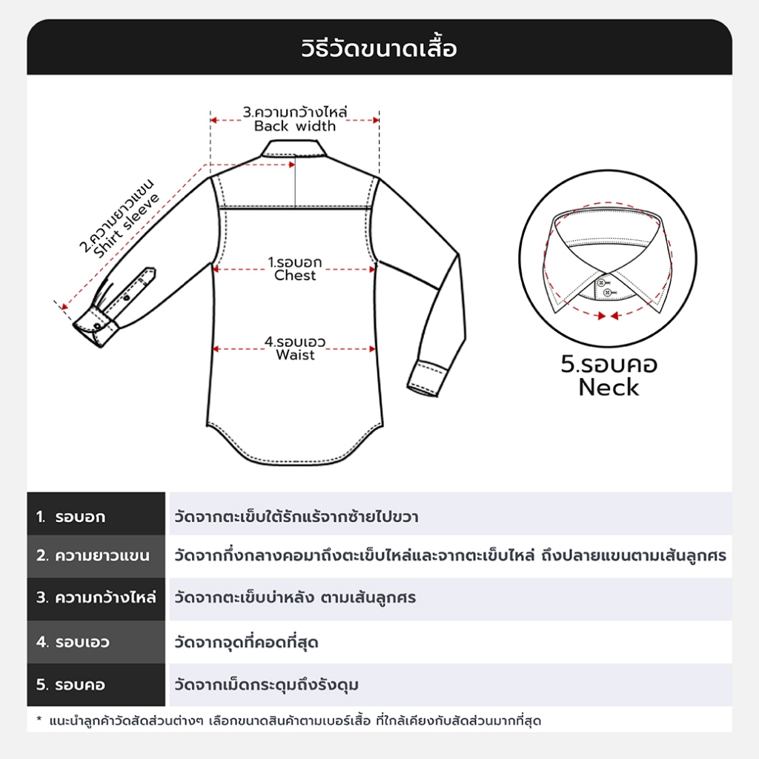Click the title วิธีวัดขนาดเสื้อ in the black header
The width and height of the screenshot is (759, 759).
(379, 49)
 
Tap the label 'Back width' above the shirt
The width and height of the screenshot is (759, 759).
(295, 126)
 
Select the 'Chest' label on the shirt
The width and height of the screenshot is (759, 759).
(295, 276)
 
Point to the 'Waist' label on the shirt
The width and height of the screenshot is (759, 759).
(295, 355)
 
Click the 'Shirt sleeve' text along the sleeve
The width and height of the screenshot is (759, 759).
(127, 225)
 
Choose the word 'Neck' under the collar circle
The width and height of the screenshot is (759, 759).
(609, 387)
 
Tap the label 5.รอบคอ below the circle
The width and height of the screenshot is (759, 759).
(609, 365)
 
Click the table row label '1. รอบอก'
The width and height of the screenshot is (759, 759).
(71, 517)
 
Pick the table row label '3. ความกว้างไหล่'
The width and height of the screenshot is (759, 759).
(96, 597)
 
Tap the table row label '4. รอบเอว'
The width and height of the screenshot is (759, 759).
(73, 642)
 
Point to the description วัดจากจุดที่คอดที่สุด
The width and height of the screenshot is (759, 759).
(246, 642)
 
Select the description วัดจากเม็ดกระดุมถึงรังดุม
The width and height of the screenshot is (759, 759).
(266, 685)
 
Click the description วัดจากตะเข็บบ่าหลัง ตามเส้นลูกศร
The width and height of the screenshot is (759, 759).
(294, 597)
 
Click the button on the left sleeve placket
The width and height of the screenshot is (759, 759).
(127, 296)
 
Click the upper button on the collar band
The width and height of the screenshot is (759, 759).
(602, 282)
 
